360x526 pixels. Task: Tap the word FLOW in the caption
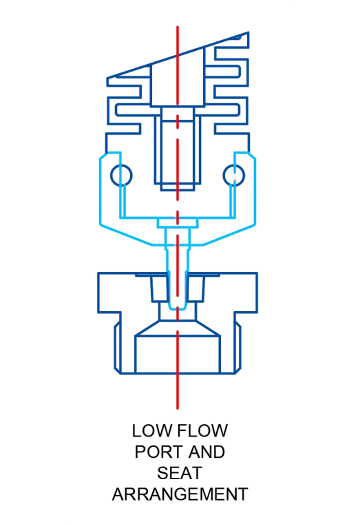tap(202, 431)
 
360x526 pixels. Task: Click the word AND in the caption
tap(207, 452)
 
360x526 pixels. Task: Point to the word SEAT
tap(180, 473)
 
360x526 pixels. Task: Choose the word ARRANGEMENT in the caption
tap(180, 494)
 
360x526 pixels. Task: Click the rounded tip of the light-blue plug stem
tap(178, 307)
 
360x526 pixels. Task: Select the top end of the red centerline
tap(178, 27)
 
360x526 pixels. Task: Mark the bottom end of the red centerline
tap(178, 408)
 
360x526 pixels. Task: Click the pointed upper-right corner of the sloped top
tap(248, 32)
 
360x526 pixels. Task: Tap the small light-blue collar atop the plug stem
tap(178, 223)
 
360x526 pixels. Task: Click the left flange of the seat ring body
tap(109, 293)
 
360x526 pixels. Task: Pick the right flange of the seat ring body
tap(246, 293)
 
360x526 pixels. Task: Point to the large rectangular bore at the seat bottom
tap(178, 354)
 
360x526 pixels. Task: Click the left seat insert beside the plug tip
tap(160, 288)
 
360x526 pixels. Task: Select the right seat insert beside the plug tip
tap(195, 288)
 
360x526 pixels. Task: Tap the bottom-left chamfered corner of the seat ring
tap(118, 370)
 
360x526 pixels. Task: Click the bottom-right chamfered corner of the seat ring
tap(238, 370)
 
